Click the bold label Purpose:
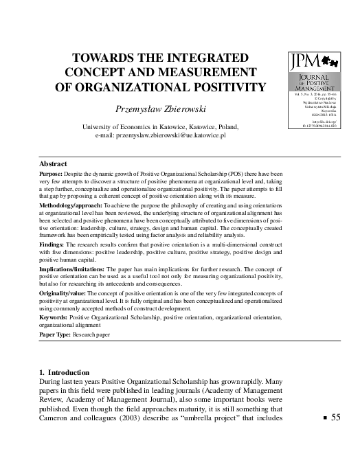(x=53, y=175)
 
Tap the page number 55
(x=335, y=417)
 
